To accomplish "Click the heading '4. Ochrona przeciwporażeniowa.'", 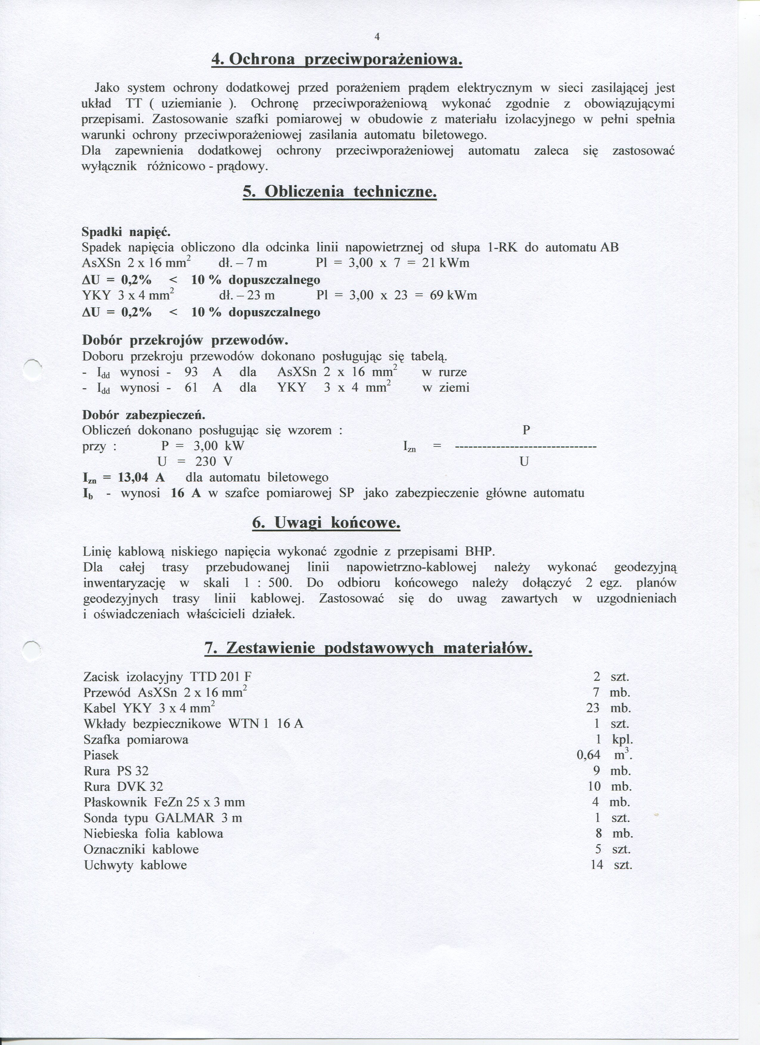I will [x=337, y=60].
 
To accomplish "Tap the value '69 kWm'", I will [x=453, y=295].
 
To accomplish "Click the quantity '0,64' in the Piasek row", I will [x=588, y=755].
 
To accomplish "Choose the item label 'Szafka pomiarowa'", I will [x=136, y=739].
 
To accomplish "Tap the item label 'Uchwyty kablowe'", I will [x=135, y=865].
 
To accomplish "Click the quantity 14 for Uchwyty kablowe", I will [x=597, y=865].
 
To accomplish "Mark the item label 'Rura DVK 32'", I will [x=123, y=786].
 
